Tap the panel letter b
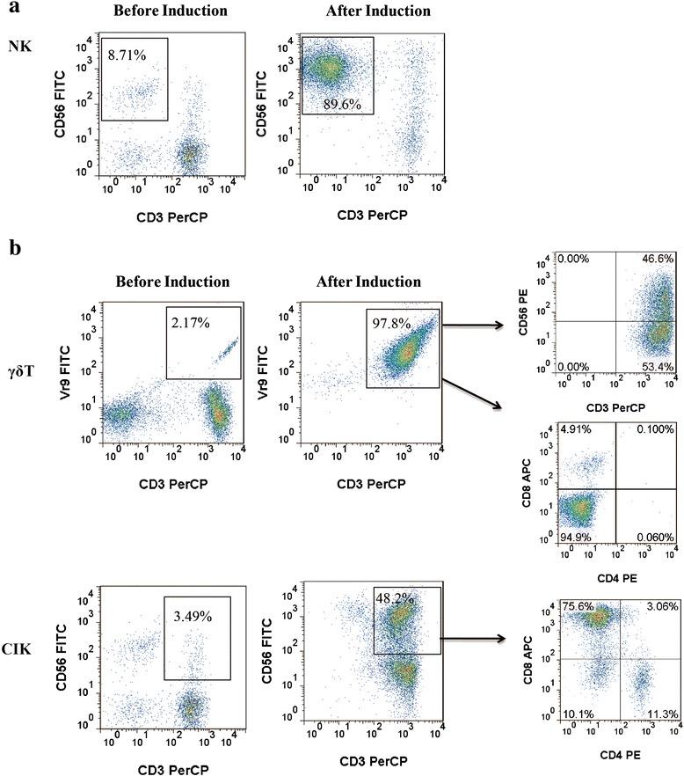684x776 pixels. [x=14, y=248]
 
